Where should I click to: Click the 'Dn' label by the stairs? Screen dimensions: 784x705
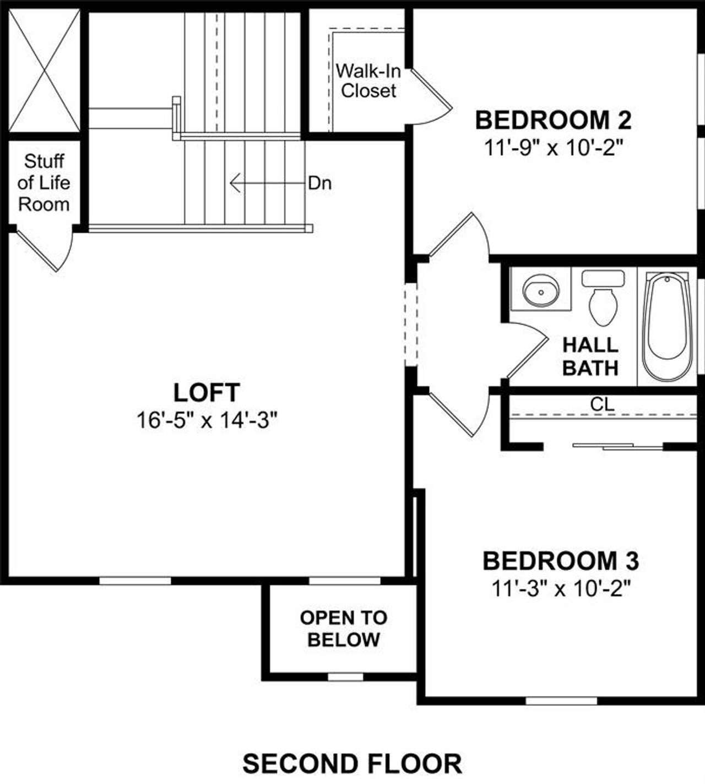(x=319, y=183)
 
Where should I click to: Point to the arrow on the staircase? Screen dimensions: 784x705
(x=264, y=183)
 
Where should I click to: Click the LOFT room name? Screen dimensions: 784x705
(x=207, y=393)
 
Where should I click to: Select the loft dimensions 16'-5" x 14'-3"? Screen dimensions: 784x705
(x=207, y=421)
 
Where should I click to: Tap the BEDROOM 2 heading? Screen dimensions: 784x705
(x=553, y=120)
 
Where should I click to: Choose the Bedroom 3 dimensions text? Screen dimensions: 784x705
(x=560, y=589)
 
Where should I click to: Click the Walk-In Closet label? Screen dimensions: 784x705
(x=368, y=81)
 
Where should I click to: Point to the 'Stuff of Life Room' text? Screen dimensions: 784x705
(x=44, y=183)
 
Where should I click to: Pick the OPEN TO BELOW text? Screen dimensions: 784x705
(x=344, y=629)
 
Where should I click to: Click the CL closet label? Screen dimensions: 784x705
(x=602, y=404)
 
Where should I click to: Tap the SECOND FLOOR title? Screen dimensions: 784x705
(x=352, y=764)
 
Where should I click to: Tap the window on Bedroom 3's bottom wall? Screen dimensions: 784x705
(x=561, y=701)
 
